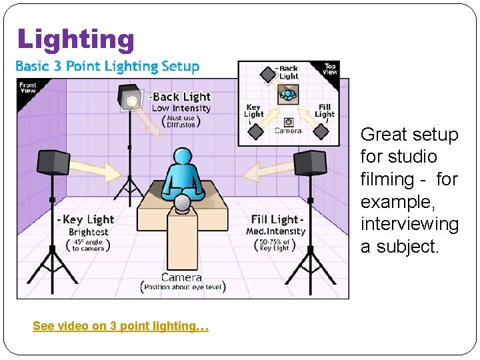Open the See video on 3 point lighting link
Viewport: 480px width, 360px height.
121,326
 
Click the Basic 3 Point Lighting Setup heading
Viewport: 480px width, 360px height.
107,67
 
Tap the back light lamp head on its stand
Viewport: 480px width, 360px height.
131,100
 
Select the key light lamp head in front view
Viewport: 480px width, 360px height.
53,162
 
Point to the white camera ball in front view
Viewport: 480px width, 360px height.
182,203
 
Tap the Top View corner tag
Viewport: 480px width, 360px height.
331,69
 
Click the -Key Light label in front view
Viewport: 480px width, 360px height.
86,219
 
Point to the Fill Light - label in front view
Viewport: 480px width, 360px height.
277,219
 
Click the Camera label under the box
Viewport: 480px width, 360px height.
181,277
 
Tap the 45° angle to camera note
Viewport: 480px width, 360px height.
89,245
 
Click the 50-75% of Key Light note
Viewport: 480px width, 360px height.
275,244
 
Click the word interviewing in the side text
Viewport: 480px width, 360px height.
409,224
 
